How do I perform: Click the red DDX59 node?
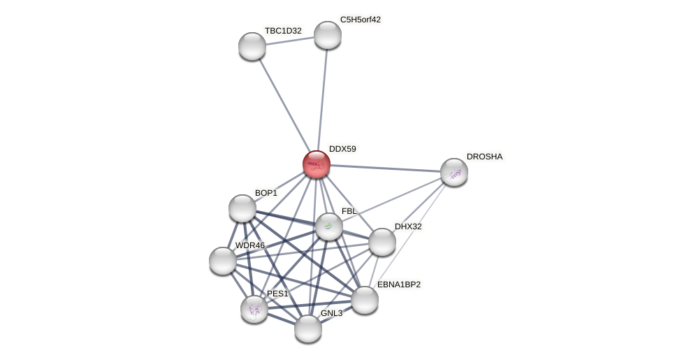(x=317, y=164)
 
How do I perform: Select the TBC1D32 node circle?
(x=252, y=46)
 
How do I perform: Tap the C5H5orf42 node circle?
(x=327, y=35)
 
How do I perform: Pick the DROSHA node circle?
(x=454, y=172)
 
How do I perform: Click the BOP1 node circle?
(x=242, y=208)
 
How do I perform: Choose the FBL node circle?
(x=328, y=226)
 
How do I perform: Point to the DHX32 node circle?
(x=382, y=242)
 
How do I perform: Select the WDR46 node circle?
(x=223, y=261)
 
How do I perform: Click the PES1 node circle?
(x=254, y=308)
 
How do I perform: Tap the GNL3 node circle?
(x=307, y=328)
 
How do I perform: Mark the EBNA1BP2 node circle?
(x=364, y=300)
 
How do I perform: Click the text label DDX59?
(x=342, y=149)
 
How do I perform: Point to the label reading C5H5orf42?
(x=361, y=20)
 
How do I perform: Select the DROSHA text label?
(x=484, y=157)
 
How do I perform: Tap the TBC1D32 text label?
(x=283, y=31)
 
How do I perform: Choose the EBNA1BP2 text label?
(x=399, y=285)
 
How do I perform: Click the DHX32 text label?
(x=408, y=226)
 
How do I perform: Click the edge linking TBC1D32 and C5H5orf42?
(x=289, y=41)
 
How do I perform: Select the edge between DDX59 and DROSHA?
(x=385, y=168)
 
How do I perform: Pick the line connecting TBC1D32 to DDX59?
(x=284, y=104)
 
